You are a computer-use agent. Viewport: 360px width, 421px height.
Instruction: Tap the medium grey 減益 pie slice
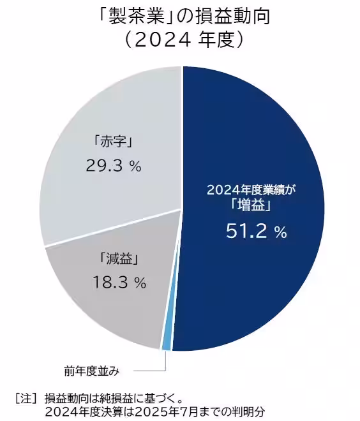[96, 306]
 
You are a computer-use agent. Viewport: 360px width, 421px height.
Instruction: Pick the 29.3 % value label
[113, 166]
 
